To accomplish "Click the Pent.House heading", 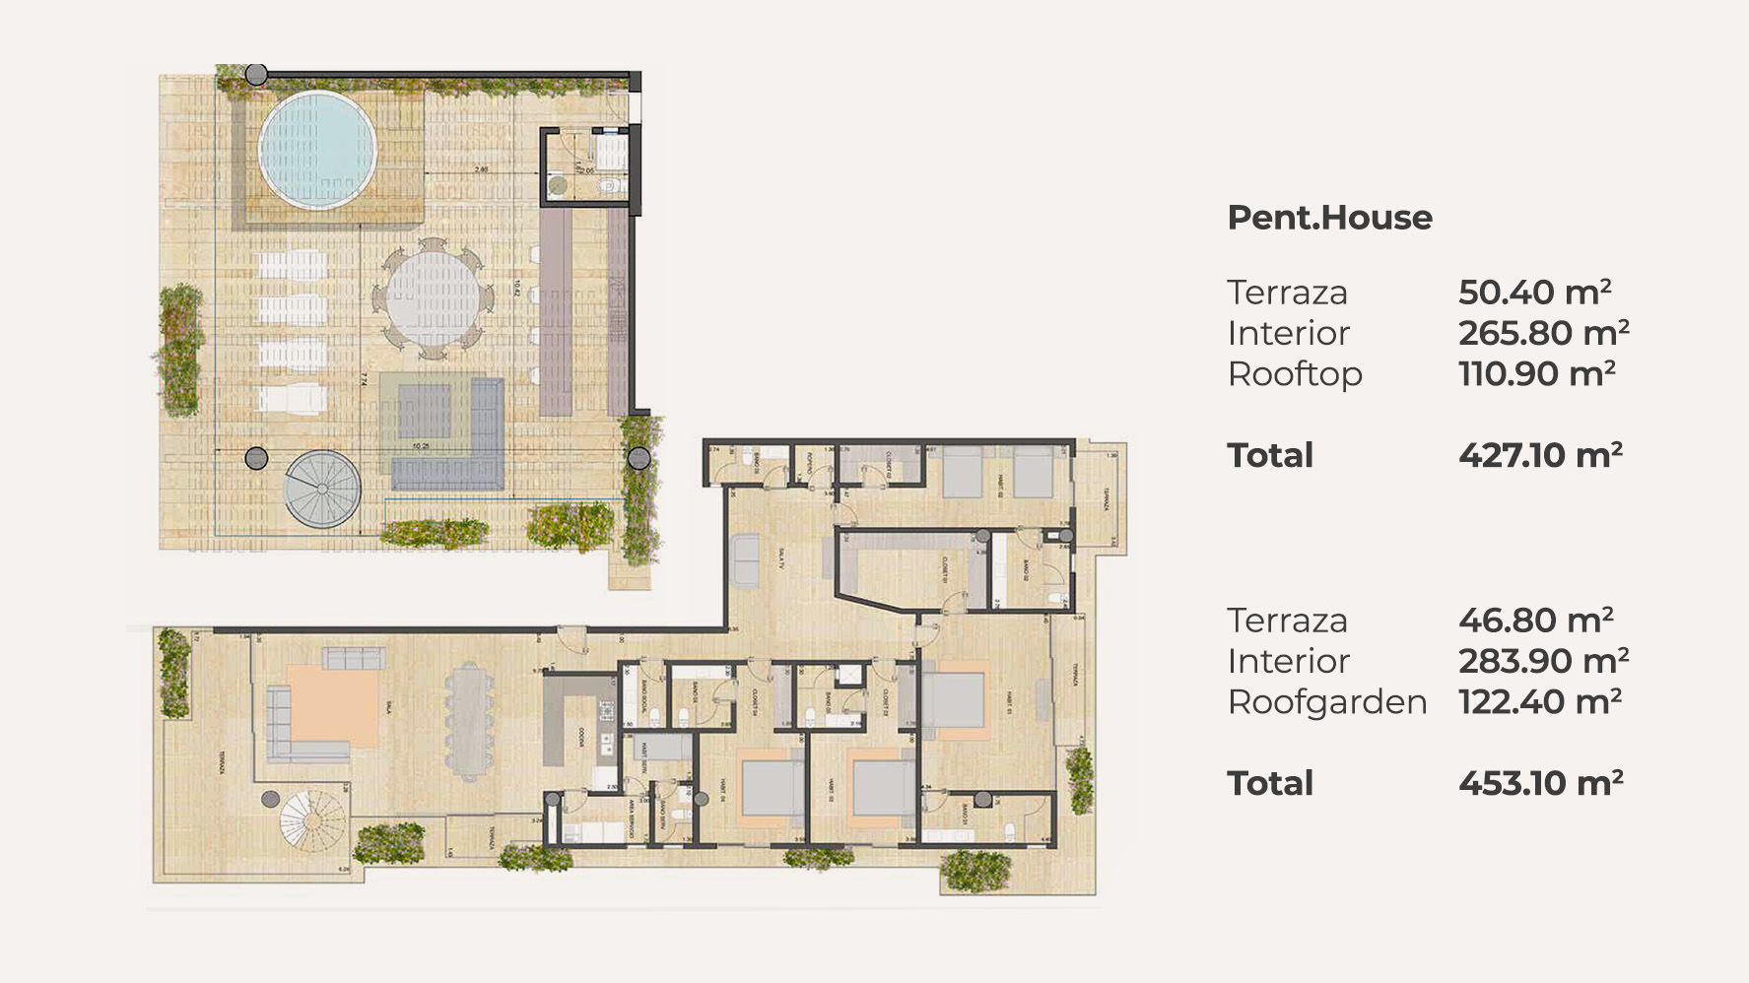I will point(1329,218).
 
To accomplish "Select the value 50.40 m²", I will point(1534,293).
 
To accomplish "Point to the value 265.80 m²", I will point(1543,334).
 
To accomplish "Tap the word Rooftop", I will point(1295,375).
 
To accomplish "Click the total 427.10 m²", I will point(1540,456).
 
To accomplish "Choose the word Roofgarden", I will point(1326,703).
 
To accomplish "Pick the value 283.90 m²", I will point(1543,662).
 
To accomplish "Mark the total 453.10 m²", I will point(1540,784).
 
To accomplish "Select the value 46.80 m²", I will point(1535,621).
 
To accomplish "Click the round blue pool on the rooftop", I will point(317,150).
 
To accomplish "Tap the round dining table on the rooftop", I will point(432,296).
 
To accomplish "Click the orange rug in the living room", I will point(333,705).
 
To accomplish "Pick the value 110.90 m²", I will point(1536,374).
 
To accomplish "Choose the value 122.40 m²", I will point(1539,702).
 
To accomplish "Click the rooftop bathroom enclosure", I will point(584,165).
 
